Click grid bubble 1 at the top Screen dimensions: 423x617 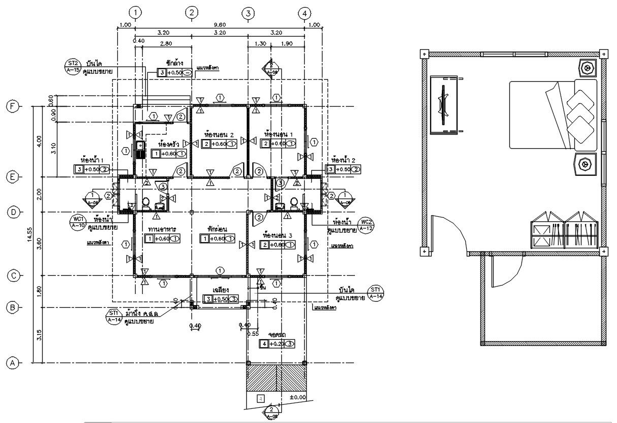(x=135, y=12)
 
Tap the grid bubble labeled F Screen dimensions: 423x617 (x=12, y=106)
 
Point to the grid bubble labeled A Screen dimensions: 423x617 (x=12, y=363)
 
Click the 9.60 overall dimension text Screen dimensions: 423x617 (x=219, y=25)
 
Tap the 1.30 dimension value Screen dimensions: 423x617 (x=259, y=44)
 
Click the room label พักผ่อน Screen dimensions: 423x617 (x=216, y=229)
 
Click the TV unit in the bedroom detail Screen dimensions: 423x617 (x=445, y=105)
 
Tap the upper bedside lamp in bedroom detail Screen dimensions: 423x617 (x=588, y=67)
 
